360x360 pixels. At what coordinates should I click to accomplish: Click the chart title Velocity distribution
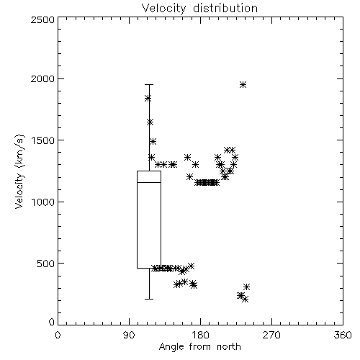point(199,8)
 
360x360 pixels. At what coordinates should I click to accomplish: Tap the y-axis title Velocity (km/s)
point(19,171)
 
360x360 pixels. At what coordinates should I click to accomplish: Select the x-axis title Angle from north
point(199,346)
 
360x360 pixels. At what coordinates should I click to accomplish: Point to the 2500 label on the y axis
point(42,19)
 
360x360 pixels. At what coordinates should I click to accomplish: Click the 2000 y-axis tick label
point(42,78)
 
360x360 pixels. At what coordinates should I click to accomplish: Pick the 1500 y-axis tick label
point(43,140)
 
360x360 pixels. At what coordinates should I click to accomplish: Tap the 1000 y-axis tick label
point(43,202)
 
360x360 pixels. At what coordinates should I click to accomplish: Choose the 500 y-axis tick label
point(46,264)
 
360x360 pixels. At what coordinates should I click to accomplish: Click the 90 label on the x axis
point(129,335)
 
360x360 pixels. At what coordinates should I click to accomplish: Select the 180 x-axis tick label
point(200,335)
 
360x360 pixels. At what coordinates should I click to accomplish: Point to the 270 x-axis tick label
point(271,335)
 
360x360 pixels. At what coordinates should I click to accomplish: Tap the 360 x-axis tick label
point(343,335)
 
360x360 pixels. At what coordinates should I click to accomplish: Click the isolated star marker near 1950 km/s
point(243,84)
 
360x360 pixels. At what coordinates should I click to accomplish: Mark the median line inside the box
point(149,182)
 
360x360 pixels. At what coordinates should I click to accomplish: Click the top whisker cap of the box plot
point(149,84)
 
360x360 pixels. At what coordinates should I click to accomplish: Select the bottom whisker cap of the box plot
point(149,299)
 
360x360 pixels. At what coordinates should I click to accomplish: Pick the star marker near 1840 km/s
point(148,98)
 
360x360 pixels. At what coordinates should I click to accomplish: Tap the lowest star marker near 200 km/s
point(245,300)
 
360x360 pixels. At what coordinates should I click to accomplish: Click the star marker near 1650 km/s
point(150,122)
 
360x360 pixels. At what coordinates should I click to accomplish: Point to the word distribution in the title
point(225,8)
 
